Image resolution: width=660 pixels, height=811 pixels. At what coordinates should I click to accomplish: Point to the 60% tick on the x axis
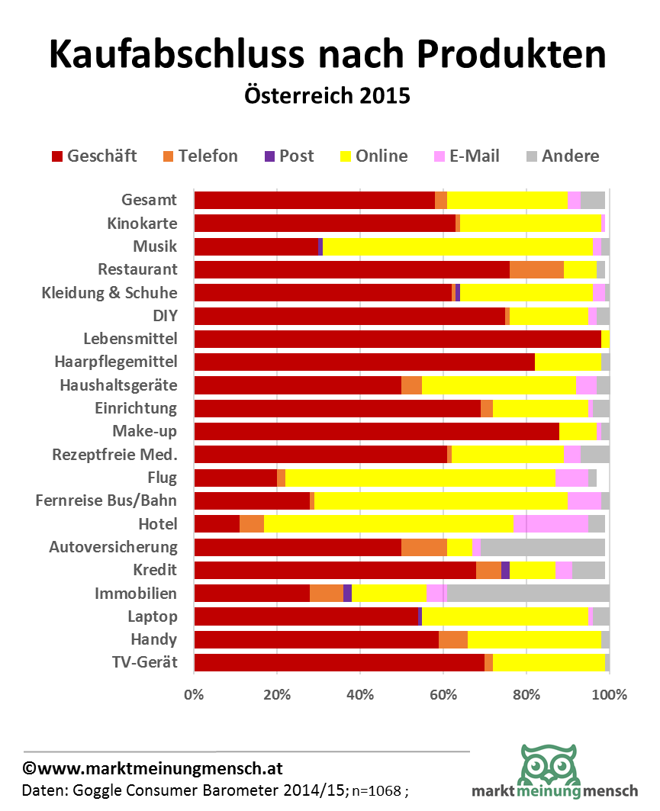tap(443, 695)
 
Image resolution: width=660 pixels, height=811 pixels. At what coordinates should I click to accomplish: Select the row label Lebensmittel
tap(130, 338)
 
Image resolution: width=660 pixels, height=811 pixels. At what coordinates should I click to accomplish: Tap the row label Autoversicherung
tap(113, 547)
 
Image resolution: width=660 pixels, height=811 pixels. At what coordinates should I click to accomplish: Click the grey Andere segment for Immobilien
tap(528, 593)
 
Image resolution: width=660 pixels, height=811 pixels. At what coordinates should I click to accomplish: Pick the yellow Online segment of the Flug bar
tap(420, 478)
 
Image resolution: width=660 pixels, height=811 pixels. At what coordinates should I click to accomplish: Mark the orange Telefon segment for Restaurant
tap(536, 269)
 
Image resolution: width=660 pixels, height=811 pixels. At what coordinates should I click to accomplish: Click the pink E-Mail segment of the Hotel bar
tap(551, 524)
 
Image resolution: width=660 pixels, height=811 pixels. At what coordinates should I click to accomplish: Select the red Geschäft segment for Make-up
tap(377, 431)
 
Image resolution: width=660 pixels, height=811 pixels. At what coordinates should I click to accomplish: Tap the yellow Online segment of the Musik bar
tap(458, 246)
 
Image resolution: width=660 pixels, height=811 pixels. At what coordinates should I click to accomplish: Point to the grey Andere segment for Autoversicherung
tap(542, 547)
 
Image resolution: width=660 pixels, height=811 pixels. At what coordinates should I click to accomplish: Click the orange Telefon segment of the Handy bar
tap(453, 639)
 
